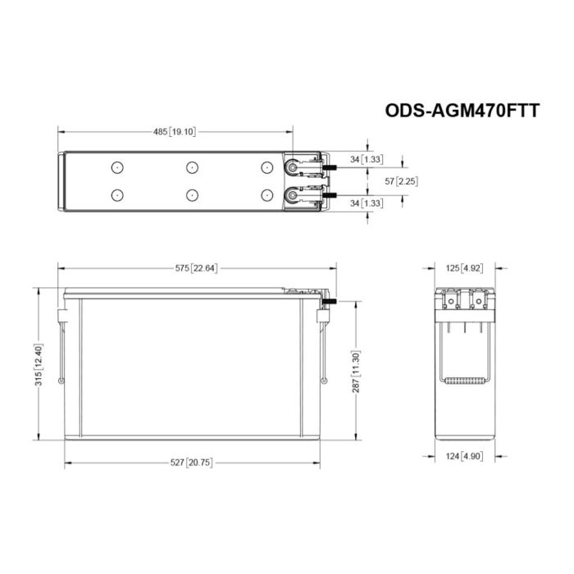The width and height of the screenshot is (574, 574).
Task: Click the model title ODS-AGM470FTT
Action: [462, 111]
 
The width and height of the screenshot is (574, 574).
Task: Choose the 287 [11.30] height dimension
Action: [356, 371]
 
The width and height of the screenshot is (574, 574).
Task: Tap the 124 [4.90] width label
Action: [466, 456]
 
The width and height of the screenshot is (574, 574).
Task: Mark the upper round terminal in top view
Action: [291, 167]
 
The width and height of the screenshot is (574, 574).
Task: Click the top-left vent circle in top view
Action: [116, 167]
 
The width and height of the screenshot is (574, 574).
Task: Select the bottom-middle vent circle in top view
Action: [191, 195]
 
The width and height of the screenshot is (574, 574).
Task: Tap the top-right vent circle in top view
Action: [266, 167]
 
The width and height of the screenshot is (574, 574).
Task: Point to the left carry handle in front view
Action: [61, 348]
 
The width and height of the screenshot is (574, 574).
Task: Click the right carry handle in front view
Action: [326, 348]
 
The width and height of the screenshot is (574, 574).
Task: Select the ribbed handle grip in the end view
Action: [466, 379]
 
